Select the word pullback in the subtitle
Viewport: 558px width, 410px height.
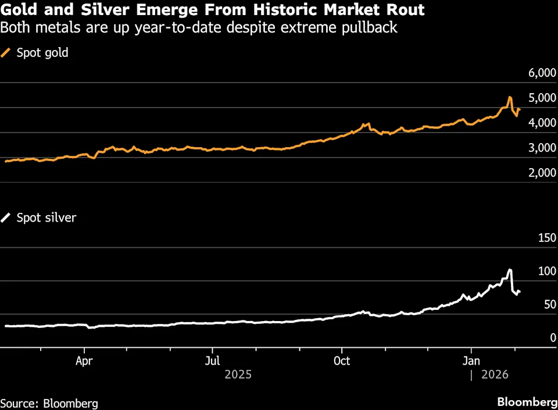(369, 27)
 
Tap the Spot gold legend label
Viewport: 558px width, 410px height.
(42, 53)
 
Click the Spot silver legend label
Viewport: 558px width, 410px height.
(46, 218)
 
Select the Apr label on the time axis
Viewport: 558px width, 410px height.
(85, 361)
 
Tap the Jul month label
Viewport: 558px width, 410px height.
(213, 361)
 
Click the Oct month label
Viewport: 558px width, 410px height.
(342, 361)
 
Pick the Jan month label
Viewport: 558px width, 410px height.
(471, 361)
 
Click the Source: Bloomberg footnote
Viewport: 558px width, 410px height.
(49, 403)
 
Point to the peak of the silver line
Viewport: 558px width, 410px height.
(510, 270)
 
